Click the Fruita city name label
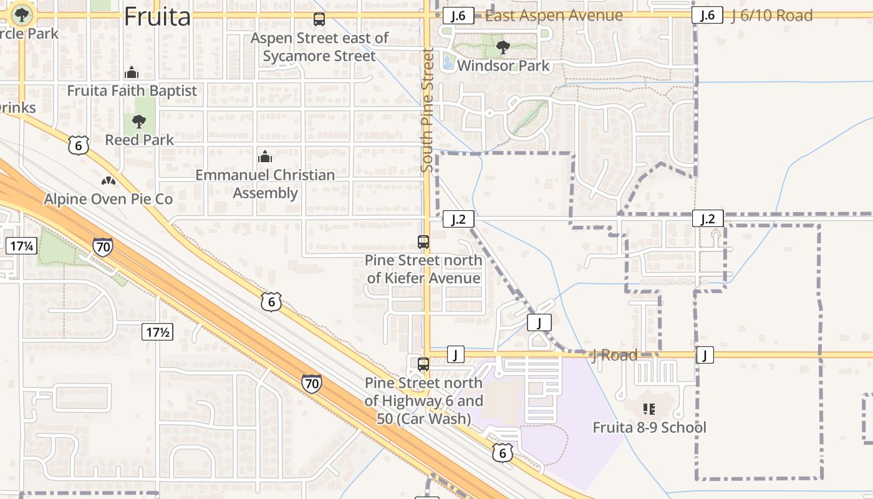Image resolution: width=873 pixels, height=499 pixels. click(x=157, y=16)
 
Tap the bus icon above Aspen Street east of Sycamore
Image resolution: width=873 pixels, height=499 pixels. click(x=319, y=19)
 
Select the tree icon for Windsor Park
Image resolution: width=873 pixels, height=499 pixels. click(x=503, y=47)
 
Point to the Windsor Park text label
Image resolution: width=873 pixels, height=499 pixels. click(x=503, y=65)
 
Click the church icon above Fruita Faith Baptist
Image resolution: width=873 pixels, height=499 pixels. click(x=131, y=72)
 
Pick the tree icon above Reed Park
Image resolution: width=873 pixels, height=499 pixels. click(x=139, y=121)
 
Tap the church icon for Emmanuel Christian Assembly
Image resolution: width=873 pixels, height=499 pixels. click(x=265, y=156)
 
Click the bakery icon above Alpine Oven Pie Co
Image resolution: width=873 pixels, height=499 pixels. click(x=108, y=181)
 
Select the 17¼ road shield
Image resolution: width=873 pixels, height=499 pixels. click(x=21, y=246)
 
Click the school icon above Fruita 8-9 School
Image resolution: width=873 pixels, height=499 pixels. click(x=649, y=409)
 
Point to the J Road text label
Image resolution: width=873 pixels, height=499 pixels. click(x=614, y=356)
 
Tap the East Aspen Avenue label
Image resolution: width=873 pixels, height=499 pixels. click(x=554, y=16)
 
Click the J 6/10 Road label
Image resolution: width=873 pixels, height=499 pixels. click(x=772, y=16)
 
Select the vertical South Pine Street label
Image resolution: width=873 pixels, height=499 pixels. click(x=427, y=110)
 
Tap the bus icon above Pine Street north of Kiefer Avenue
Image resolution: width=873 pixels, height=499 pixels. click(x=423, y=241)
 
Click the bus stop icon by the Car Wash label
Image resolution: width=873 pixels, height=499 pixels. click(x=423, y=364)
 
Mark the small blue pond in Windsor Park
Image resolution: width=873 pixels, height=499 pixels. click(x=448, y=62)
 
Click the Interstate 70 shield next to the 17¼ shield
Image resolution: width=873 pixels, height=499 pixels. click(x=103, y=247)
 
